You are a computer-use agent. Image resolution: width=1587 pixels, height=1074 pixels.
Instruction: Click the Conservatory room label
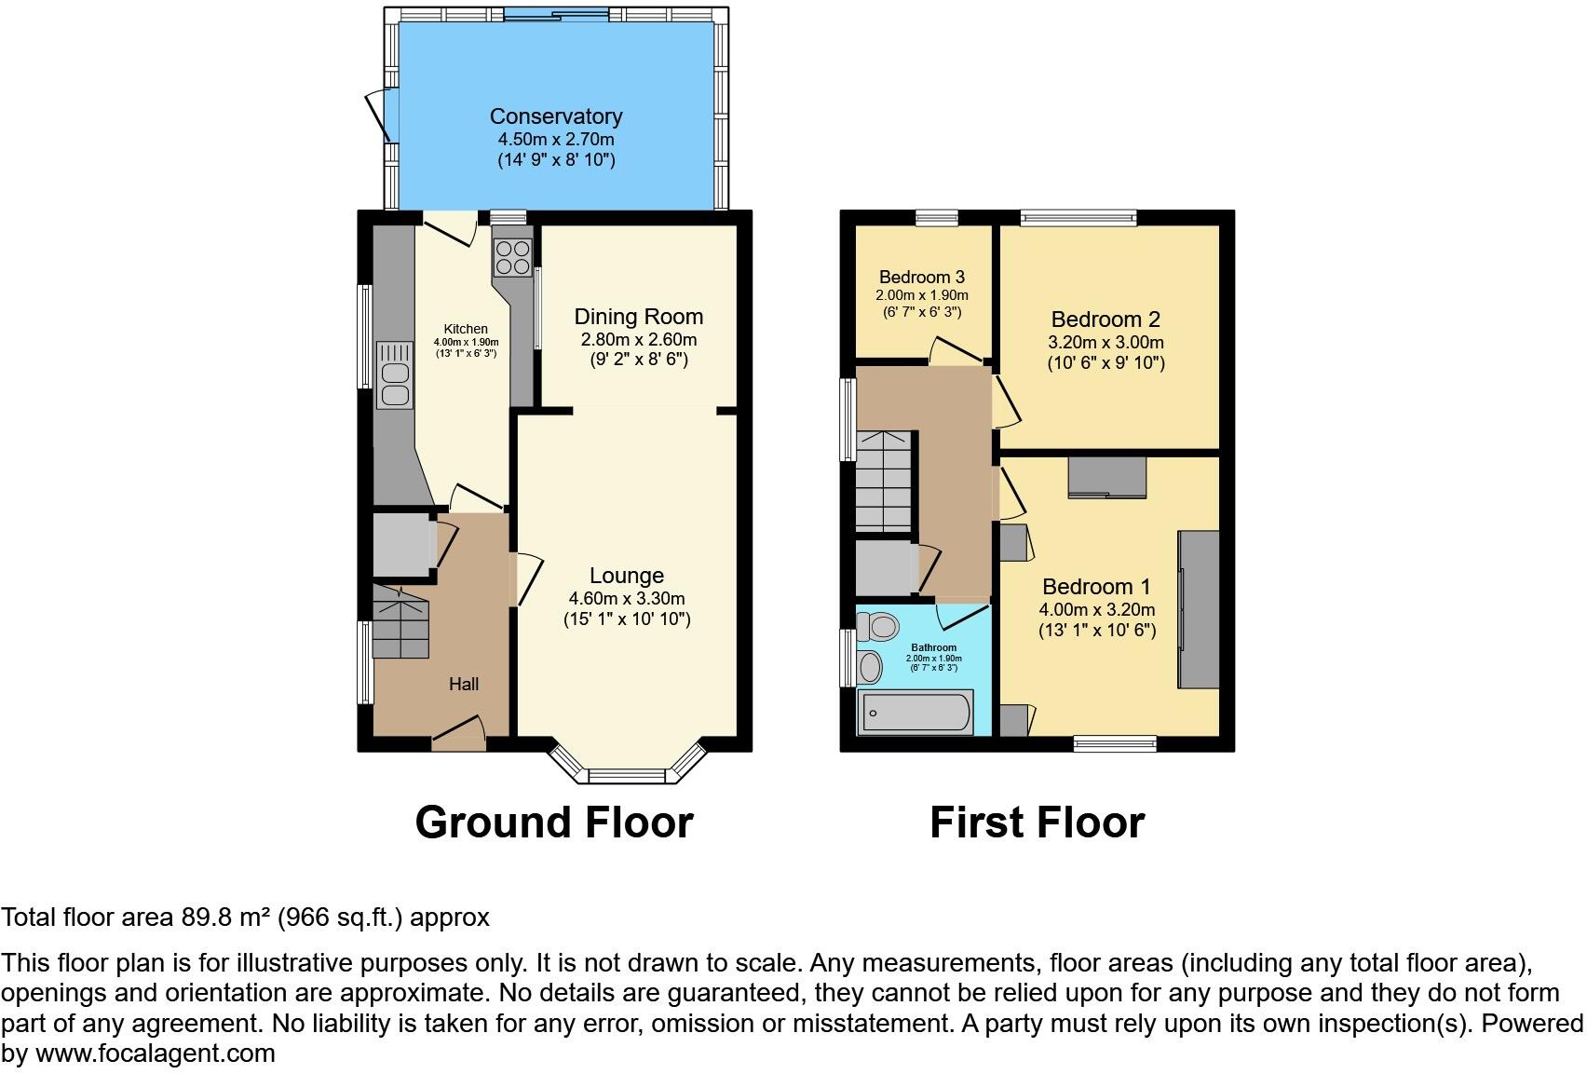point(556,116)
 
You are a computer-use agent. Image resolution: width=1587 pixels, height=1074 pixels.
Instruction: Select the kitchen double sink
point(393,375)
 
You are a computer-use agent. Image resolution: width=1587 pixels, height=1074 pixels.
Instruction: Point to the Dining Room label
point(638,317)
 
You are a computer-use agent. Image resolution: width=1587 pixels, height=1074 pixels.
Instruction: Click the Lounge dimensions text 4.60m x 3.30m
point(627,598)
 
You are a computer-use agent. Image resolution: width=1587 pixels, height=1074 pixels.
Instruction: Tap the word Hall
point(464,684)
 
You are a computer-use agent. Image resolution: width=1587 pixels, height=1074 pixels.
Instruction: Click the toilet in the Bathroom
point(875,627)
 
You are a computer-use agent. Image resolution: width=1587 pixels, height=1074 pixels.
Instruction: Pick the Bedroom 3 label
point(921,277)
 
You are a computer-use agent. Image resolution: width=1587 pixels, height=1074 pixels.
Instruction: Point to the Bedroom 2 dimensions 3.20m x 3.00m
point(1105,342)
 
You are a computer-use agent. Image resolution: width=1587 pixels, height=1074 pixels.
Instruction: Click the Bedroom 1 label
point(1096,587)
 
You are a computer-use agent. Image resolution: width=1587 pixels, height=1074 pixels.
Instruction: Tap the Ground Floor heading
point(554,822)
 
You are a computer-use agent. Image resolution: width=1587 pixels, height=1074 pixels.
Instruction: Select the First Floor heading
point(1037,822)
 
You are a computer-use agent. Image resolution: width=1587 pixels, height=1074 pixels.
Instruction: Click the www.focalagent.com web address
point(155,1054)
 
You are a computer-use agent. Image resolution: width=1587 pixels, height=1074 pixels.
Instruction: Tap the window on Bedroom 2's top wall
point(1078,218)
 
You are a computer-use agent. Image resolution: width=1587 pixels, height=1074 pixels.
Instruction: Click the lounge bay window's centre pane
point(626,776)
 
